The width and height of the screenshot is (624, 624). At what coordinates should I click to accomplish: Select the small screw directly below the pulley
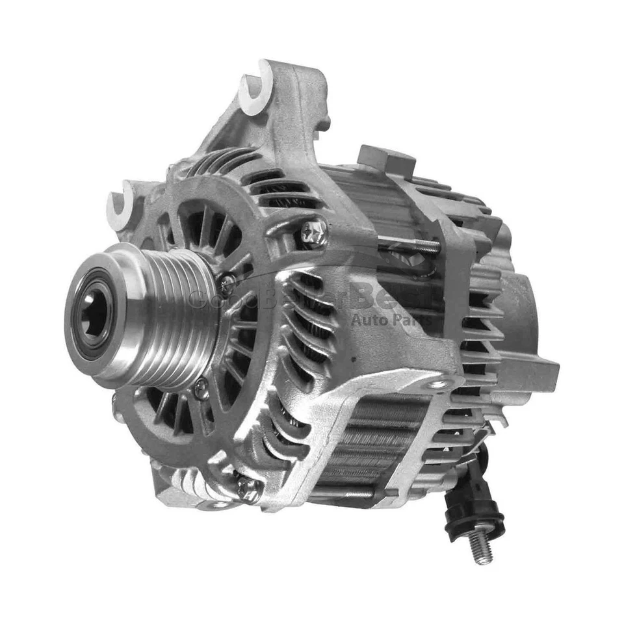pyautogui.click(x=202, y=389)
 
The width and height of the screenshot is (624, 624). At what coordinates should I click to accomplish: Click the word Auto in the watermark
pyautogui.click(x=367, y=318)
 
